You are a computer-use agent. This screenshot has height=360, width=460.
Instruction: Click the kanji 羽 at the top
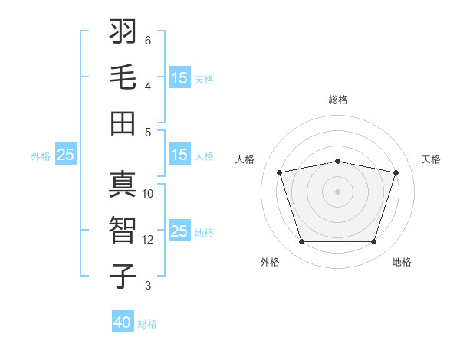(x=123, y=31)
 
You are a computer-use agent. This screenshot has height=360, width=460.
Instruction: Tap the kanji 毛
(x=123, y=77)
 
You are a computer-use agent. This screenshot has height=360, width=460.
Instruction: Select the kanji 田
(x=123, y=123)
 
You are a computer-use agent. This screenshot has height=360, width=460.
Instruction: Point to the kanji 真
(x=123, y=184)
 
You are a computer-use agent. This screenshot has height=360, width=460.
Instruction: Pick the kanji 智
(x=123, y=230)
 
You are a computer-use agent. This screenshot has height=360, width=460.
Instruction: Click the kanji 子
(x=123, y=277)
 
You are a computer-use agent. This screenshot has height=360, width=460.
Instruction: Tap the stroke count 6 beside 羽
(x=148, y=41)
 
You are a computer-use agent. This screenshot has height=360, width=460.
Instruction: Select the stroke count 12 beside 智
(x=147, y=240)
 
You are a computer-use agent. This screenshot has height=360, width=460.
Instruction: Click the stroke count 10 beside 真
(x=147, y=194)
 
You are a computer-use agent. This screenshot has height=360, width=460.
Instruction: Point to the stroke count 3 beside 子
(x=148, y=285)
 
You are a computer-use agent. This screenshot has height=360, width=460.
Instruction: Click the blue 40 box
(x=123, y=321)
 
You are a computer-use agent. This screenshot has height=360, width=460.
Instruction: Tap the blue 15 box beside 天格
(x=180, y=77)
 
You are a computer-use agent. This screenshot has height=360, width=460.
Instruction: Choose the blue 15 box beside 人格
(x=180, y=154)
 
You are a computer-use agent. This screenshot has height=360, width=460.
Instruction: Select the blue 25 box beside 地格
(x=180, y=230)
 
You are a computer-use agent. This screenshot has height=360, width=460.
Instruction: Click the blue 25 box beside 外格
(x=66, y=154)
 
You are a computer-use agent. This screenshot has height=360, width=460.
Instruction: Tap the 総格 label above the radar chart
(x=338, y=100)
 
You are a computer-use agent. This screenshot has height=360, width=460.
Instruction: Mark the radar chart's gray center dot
(x=337, y=191)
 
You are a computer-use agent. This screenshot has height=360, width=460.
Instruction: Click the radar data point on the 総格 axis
(x=338, y=162)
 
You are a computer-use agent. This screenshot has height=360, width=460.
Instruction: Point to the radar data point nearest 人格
(x=280, y=172)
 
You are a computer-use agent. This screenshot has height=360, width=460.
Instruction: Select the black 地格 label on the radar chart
(x=402, y=262)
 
